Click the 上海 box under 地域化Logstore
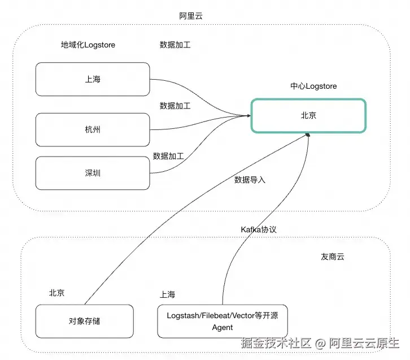93,80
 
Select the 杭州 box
93,129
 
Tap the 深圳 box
93,173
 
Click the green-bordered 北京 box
308,115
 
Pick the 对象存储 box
84,321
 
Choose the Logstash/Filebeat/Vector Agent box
223,321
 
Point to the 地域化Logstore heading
88,45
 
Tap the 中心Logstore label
313,86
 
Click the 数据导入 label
250,180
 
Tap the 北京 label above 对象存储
56,293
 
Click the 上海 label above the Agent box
168,294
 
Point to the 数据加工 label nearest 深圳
168,155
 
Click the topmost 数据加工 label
175,45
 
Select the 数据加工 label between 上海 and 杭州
175,105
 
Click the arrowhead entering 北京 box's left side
248,115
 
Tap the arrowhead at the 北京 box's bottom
308,135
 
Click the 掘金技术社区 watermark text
277,342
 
